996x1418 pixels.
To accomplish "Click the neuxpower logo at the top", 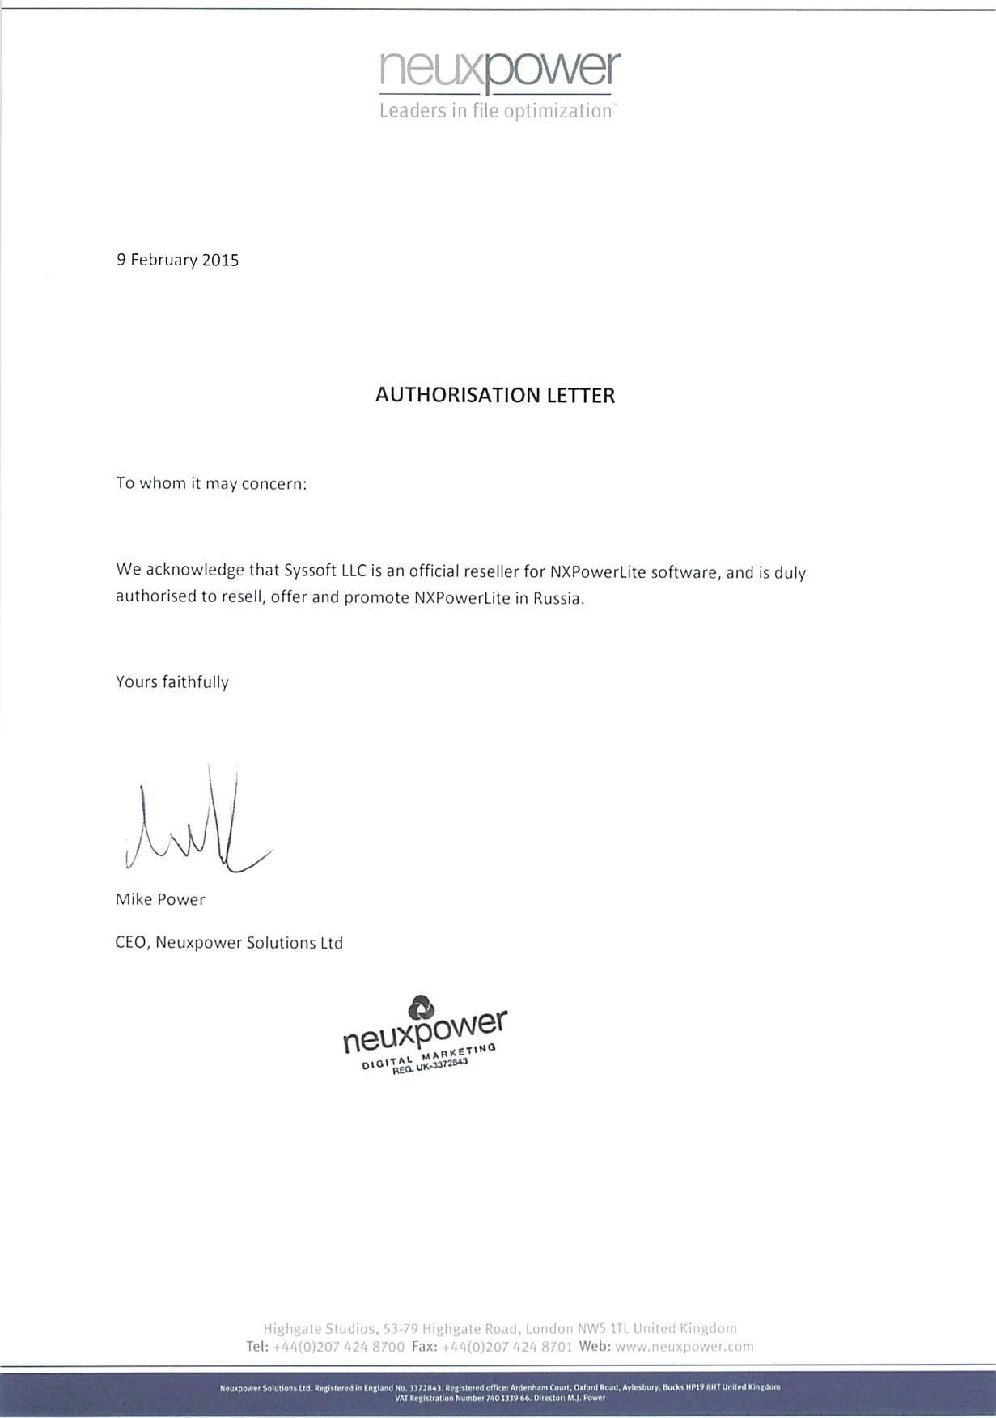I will [x=499, y=70].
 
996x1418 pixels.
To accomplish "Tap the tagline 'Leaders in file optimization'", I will [x=495, y=111].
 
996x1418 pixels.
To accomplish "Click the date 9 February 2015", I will [x=178, y=260].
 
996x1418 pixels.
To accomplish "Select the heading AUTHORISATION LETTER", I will [x=495, y=395].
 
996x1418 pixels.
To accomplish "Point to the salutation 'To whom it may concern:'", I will [x=211, y=484].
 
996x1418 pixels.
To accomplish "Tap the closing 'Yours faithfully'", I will [x=172, y=681].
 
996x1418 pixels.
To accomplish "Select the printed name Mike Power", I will [x=160, y=899].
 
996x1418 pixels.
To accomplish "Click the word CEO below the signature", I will [x=131, y=943].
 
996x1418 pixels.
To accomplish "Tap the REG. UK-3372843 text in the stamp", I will [x=430, y=1066].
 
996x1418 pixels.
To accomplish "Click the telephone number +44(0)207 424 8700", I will [x=338, y=1348].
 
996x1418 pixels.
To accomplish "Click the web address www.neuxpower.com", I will [x=684, y=1347].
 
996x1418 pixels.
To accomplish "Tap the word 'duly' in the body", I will [x=790, y=572].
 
